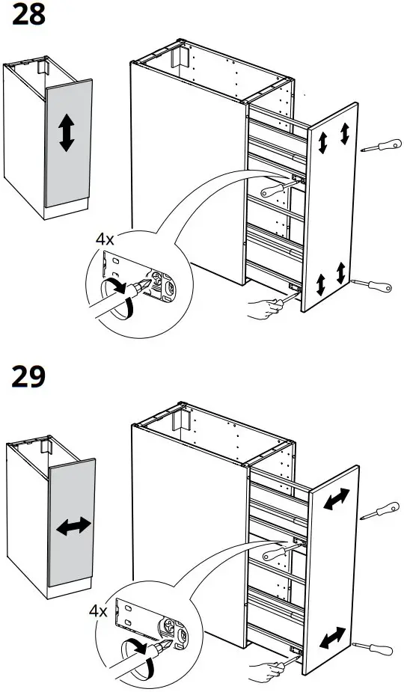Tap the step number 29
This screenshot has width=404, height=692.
click(29, 376)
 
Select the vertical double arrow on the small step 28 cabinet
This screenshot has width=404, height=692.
click(67, 134)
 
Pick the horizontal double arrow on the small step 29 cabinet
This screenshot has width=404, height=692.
click(73, 527)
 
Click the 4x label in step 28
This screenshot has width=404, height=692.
click(105, 239)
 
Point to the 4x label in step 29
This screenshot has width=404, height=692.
click(98, 610)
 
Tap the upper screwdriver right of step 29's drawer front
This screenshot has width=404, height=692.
click(377, 511)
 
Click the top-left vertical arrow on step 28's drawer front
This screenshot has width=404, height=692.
click(324, 143)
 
